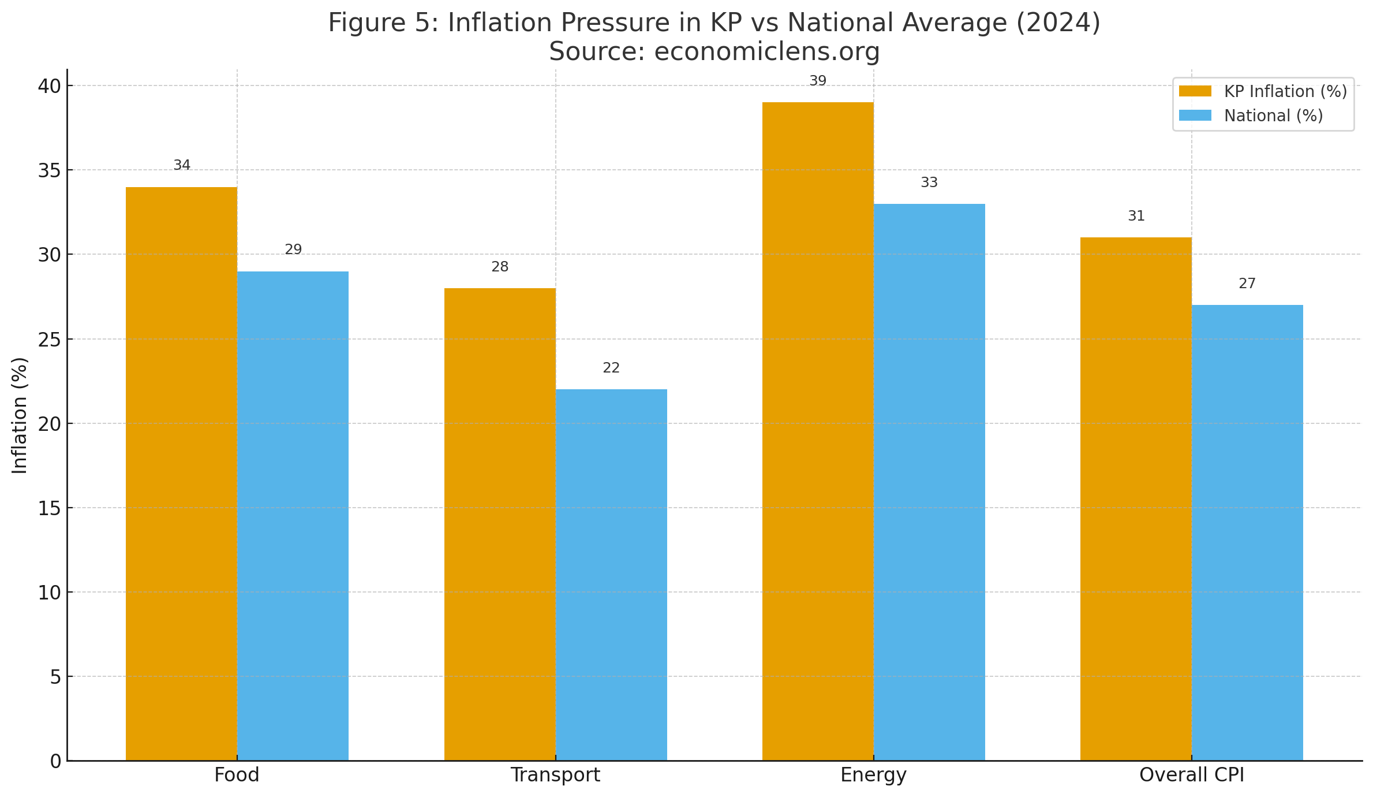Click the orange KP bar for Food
click(181, 474)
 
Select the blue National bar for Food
click(293, 516)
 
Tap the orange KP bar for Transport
click(500, 524)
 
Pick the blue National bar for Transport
click(611, 575)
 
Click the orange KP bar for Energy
click(818, 431)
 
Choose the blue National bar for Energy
click(929, 482)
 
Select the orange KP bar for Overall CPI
click(1136, 499)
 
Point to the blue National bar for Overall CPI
click(1247, 532)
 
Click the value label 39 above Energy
click(818, 81)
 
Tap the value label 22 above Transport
click(611, 368)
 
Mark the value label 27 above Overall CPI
click(1247, 284)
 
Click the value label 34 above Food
click(182, 166)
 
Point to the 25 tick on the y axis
click(49, 340)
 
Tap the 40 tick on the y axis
click(49, 87)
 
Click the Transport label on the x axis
click(555, 775)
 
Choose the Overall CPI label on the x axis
click(1192, 775)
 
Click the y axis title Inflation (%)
click(20, 415)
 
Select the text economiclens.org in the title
click(767, 52)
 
